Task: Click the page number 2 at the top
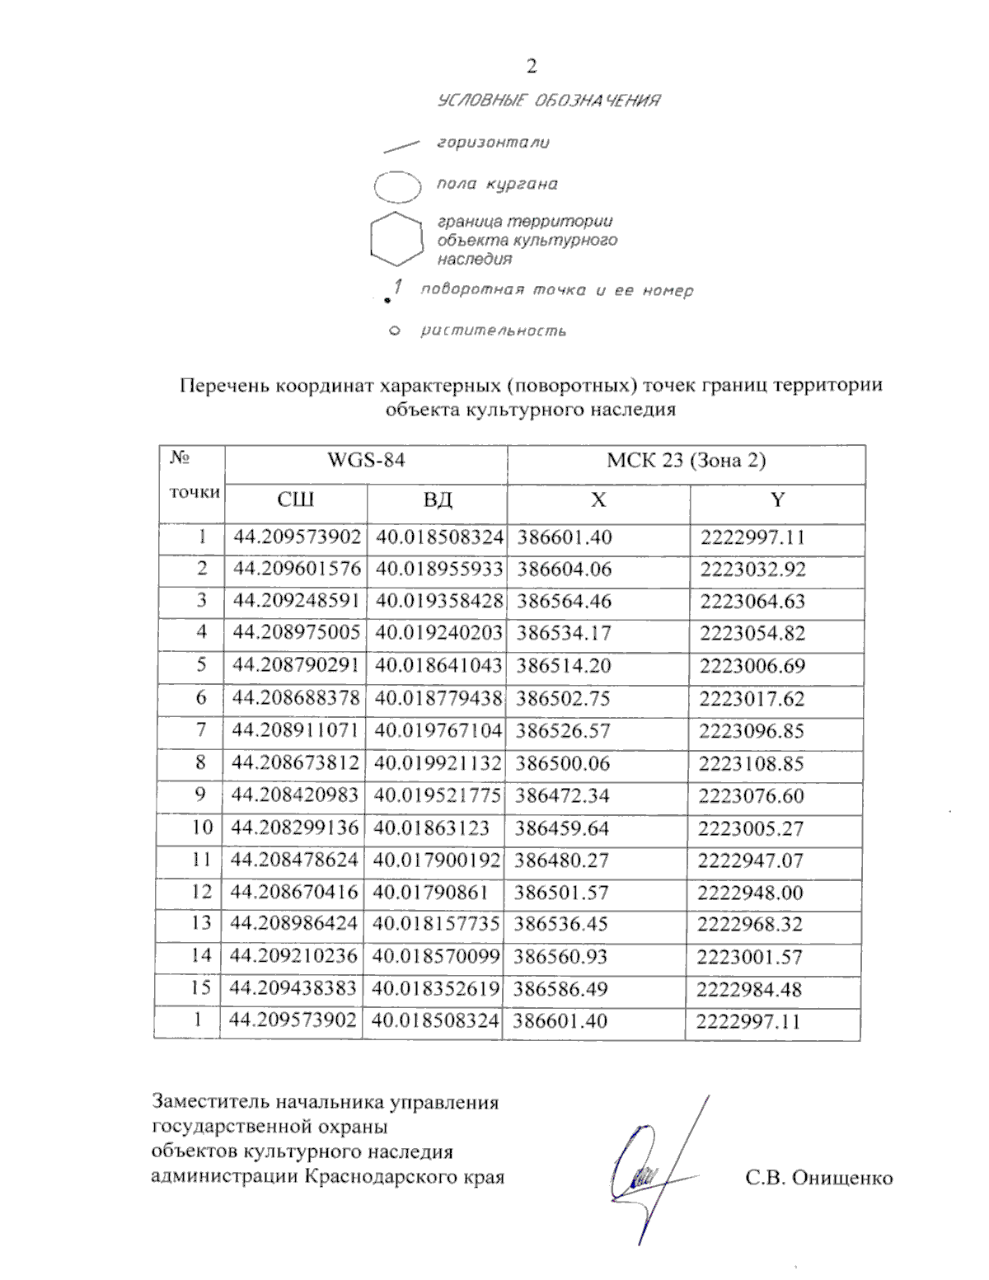532,67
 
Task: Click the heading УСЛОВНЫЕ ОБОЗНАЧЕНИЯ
548,101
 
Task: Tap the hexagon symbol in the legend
397,240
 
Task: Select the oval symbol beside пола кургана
398,186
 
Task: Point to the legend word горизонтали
493,143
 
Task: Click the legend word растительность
493,331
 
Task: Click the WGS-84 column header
366,461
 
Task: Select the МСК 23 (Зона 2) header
686,461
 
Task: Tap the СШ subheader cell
295,500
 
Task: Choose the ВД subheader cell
437,500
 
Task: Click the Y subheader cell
777,500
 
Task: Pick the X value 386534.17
564,634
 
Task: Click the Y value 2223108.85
751,764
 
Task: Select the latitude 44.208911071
296,731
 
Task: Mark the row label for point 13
200,923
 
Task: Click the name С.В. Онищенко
818,1178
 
